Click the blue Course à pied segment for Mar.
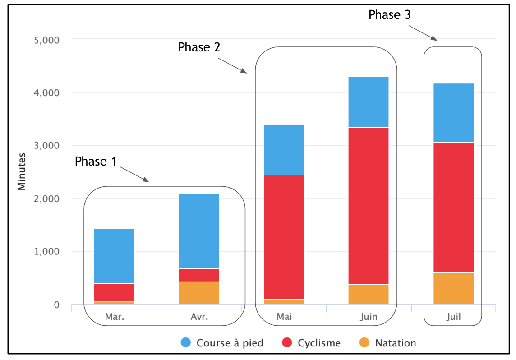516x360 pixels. [114, 256]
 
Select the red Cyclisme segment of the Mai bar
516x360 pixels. [284, 237]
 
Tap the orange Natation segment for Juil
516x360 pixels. [453, 288]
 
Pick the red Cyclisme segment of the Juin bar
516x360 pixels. [369, 206]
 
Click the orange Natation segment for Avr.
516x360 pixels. [199, 293]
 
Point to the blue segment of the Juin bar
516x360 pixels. [369, 102]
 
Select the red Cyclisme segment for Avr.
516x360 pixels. [199, 275]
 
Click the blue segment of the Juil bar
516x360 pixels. [453, 113]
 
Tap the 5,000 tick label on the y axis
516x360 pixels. [46, 40]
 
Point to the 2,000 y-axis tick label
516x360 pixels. [46, 199]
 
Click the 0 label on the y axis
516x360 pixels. [57, 305]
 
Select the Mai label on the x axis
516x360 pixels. [284, 317]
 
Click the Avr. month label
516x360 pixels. [199, 317]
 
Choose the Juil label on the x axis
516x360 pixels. [453, 317]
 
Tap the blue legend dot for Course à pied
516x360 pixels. [185, 343]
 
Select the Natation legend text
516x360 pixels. [396, 343]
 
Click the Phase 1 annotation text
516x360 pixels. [95, 162]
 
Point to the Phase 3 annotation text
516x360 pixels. [389, 15]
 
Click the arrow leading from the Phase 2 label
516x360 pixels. [235, 65]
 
